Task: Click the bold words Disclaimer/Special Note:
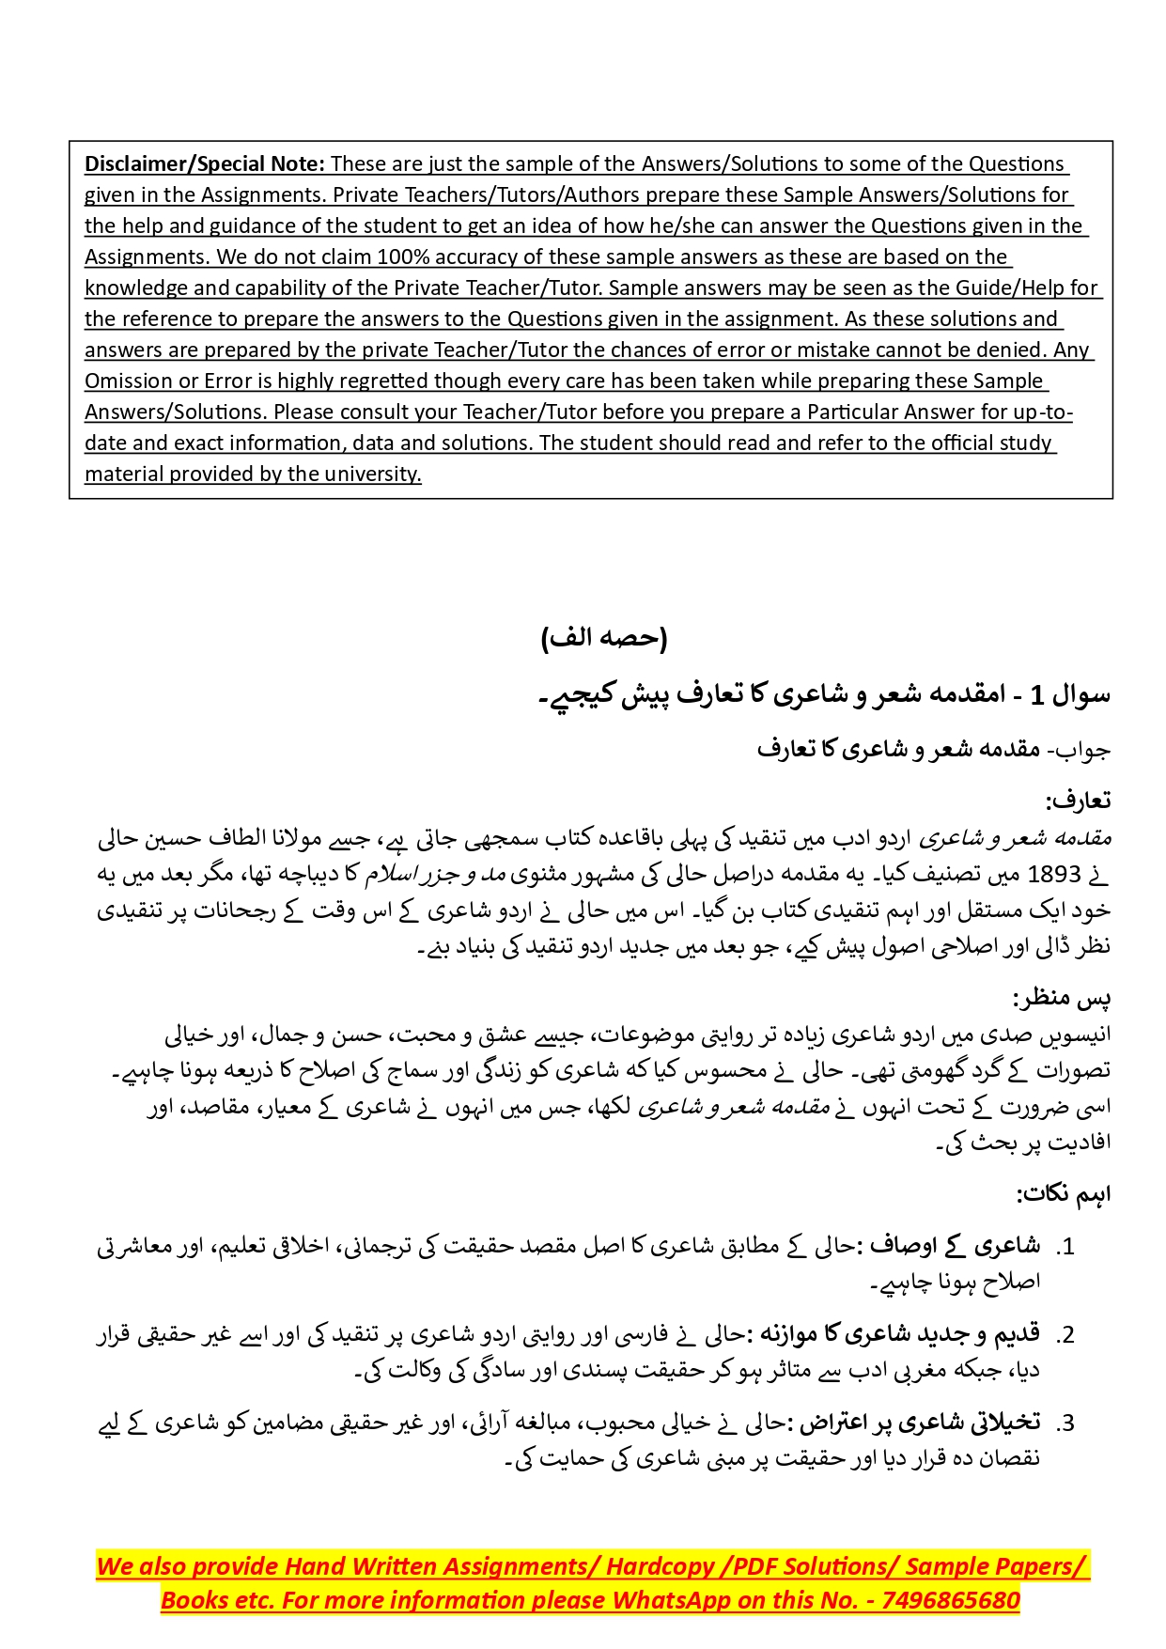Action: pyautogui.click(x=204, y=163)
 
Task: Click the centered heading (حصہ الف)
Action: pyautogui.click(x=604, y=638)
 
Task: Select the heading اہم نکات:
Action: pyautogui.click(x=1063, y=1193)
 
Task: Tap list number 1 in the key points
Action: pyautogui.click(x=1065, y=1247)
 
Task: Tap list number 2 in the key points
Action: pyautogui.click(x=1065, y=1335)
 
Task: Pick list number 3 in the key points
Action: pyautogui.click(x=1065, y=1423)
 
